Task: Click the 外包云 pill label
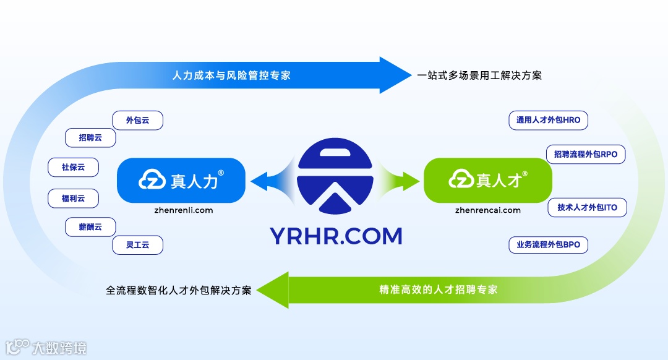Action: pyautogui.click(x=137, y=120)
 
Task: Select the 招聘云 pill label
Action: pyautogui.click(x=90, y=138)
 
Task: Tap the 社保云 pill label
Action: pyautogui.click(x=73, y=167)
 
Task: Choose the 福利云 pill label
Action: pyautogui.click(x=73, y=199)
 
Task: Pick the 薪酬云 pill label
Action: pyautogui.click(x=90, y=227)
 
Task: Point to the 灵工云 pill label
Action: pyautogui.click(x=137, y=245)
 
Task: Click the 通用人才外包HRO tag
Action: pyautogui.click(x=548, y=120)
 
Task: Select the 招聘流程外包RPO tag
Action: pyautogui.click(x=586, y=154)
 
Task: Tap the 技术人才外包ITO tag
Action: pyautogui.click(x=587, y=207)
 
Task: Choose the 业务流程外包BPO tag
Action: pyautogui.click(x=548, y=245)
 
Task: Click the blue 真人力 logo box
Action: pyautogui.click(x=181, y=180)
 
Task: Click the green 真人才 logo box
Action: pyautogui.click(x=487, y=180)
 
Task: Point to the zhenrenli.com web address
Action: pyautogui.click(x=184, y=210)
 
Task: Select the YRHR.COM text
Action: pyautogui.click(x=336, y=236)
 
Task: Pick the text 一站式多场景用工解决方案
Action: pyautogui.click(x=479, y=75)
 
